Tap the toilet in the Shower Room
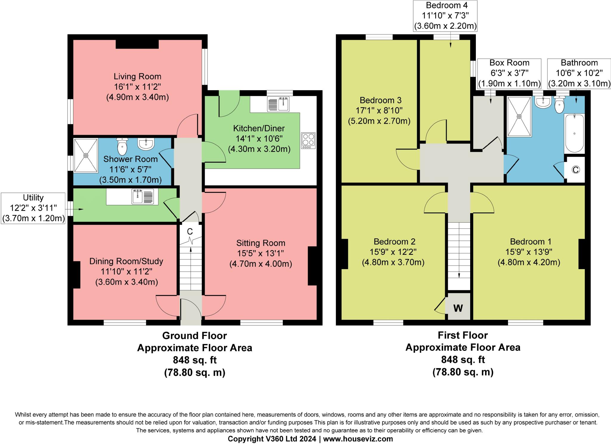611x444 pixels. coord(122,146)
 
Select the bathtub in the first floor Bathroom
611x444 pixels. coord(574,133)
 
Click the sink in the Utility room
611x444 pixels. coord(143,196)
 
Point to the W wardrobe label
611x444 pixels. coord(458,308)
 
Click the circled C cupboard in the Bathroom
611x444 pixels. coord(575,170)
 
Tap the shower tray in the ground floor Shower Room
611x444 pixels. coord(86,155)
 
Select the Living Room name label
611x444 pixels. coord(138,76)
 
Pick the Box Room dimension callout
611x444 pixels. coord(509,73)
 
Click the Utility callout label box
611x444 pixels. coord(33,208)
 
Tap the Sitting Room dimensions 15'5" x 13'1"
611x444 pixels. coord(260,253)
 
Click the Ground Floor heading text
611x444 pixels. coord(195,335)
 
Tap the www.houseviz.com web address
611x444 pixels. coord(358,439)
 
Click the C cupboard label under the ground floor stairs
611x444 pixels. coord(189,232)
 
